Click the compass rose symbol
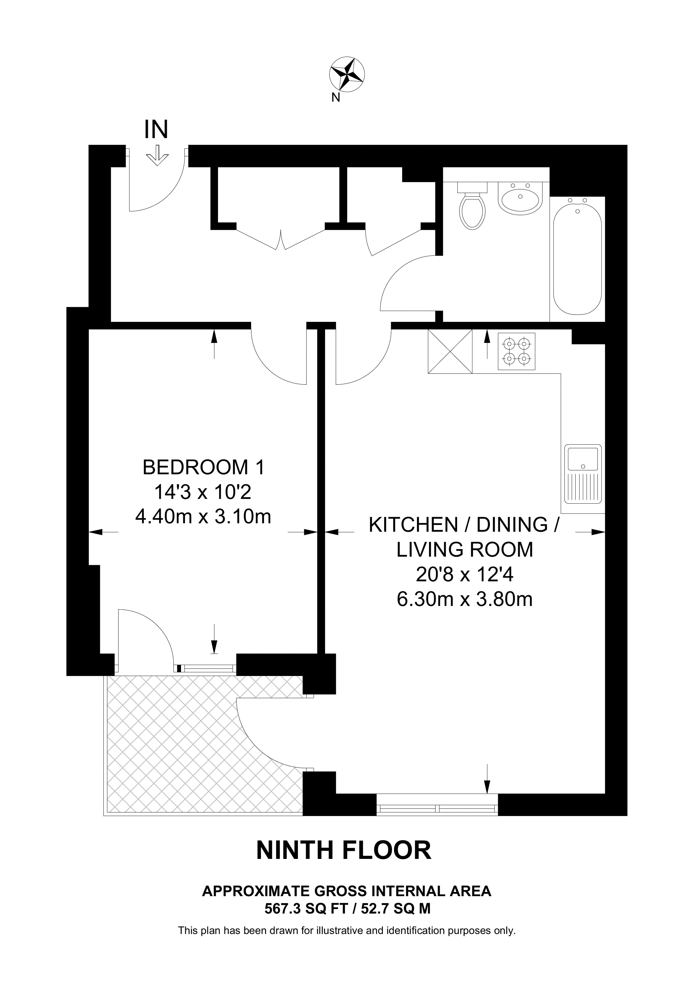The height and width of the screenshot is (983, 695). click(347, 75)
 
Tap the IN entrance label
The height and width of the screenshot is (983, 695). click(156, 129)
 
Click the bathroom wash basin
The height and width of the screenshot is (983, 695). click(520, 197)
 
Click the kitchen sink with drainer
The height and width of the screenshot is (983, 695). click(583, 474)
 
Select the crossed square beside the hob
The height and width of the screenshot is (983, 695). click(450, 351)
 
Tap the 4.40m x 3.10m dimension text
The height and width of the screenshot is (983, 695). click(203, 517)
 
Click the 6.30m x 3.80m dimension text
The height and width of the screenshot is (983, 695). click(465, 599)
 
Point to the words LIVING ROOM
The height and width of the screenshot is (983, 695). click(465, 550)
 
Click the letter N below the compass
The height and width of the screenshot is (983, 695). click(336, 98)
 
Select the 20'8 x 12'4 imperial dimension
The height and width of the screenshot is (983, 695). click(465, 575)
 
